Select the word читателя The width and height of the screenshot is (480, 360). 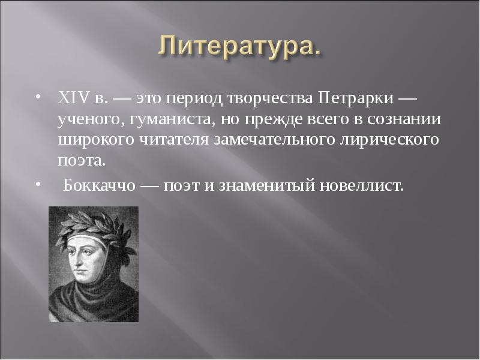179,140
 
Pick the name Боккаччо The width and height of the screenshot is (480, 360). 99,185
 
